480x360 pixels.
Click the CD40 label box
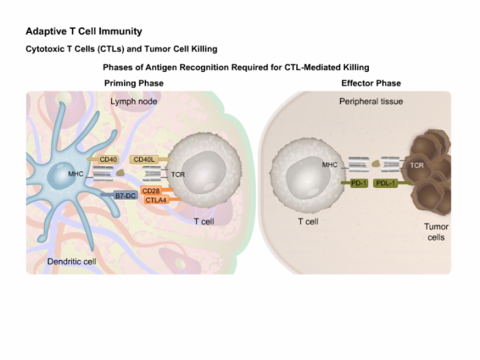108,160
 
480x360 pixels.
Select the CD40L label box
144,160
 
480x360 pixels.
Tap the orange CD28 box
151,191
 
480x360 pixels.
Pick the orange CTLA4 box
156,200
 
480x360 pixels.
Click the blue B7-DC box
125,195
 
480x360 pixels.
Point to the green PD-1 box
359,183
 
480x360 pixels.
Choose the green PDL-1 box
385,183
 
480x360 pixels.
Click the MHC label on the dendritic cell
75,174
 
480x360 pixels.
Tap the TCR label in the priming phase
178,174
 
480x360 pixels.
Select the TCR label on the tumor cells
417,165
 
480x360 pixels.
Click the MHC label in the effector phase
330,165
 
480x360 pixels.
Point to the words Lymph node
134,101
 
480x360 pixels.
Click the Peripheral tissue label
371,101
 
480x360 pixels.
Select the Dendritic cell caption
71,261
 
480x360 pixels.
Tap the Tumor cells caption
436,232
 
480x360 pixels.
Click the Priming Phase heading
134,83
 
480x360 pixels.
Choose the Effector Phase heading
371,83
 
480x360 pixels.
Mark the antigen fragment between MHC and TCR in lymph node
120,173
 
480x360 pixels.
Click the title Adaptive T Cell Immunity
84,32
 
